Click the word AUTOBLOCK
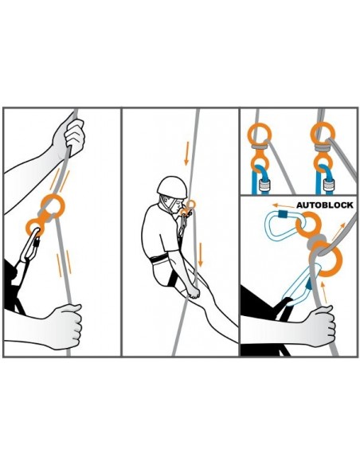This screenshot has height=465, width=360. coord(325,205)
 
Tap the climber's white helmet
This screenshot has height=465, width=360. coord(172,186)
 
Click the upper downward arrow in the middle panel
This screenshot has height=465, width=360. coord(187,154)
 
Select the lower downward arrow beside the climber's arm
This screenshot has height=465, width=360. coord(201,255)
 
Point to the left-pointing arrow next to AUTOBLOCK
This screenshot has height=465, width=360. coord(284,205)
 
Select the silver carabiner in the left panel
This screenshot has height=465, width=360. coord(29,246)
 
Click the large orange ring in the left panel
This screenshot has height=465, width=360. coord(53,205)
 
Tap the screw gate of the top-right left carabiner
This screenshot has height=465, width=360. coord(263,186)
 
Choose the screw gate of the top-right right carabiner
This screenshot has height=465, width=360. coord(328,186)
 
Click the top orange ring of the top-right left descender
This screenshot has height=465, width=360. coord(260,134)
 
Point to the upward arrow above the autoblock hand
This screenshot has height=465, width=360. coord(324,292)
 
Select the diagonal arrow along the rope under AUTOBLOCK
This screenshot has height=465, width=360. coord(338,232)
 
